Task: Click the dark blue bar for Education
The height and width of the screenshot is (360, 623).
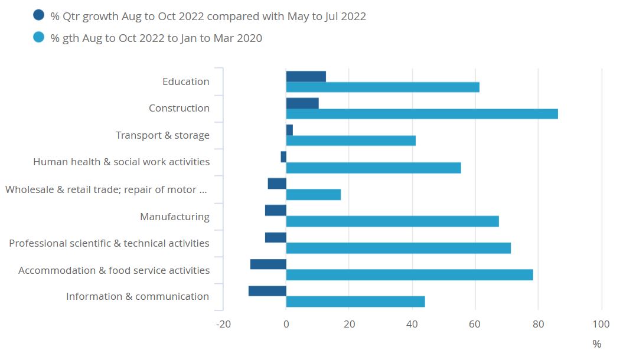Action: point(306,76)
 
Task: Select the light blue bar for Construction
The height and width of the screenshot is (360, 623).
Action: point(422,114)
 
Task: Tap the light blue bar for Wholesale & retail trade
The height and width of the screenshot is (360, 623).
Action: point(314,195)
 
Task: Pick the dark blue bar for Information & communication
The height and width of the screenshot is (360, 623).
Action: point(268,291)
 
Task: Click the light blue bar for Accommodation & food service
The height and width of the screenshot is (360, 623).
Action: point(409,275)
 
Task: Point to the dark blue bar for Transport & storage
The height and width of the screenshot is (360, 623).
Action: point(289,130)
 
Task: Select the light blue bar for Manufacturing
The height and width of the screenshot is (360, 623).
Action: point(392,221)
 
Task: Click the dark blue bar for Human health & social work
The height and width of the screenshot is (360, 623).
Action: point(283,156)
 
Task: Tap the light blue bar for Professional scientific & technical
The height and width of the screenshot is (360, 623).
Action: point(398,248)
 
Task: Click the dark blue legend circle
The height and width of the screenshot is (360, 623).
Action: point(39,16)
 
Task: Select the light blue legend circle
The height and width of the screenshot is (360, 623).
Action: point(39,38)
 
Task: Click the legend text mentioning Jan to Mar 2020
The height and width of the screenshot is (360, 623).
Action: point(157,38)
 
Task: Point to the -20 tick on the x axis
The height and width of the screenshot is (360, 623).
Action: point(223,324)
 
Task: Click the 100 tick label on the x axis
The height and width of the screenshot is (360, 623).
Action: point(601,324)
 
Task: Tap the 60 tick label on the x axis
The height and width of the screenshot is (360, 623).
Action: point(475,324)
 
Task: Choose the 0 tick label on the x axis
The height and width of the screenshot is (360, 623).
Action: point(286,324)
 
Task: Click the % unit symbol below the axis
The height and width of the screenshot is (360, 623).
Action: point(596,344)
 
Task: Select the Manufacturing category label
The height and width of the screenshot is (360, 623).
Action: point(174,217)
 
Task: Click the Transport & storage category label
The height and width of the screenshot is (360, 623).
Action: point(162,136)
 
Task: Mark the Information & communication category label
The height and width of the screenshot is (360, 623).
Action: point(138,296)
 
